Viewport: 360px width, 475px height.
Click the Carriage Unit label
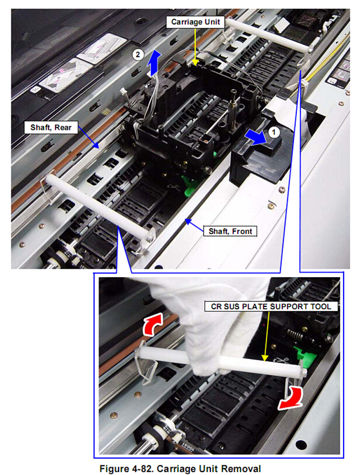[195, 22]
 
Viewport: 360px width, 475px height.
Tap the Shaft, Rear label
[51, 128]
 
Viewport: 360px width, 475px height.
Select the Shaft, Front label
[230, 232]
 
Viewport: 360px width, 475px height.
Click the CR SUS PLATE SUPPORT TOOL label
[271, 306]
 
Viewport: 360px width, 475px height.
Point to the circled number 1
[273, 133]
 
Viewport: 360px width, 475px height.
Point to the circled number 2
[138, 55]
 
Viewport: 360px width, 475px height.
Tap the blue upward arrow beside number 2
[155, 63]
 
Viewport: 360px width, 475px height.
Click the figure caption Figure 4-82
[180, 469]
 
